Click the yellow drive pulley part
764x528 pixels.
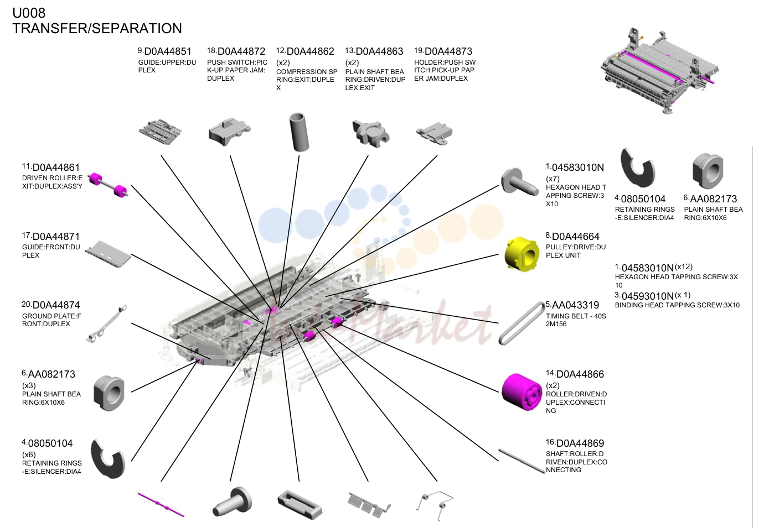[x=522, y=254]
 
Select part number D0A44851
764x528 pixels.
[x=168, y=51]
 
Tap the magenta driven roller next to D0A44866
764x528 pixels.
[x=522, y=392]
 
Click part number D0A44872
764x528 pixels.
[x=241, y=51]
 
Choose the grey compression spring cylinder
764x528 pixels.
[x=299, y=132]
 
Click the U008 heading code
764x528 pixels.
[x=29, y=13]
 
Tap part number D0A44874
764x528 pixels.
[x=56, y=305]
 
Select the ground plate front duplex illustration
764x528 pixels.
[x=106, y=323]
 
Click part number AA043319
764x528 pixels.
[x=575, y=305]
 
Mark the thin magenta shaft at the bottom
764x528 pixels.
[x=161, y=504]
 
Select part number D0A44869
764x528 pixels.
[x=580, y=443]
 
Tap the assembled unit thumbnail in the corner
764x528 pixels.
[x=659, y=71]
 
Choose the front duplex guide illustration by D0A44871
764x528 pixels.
[x=108, y=254]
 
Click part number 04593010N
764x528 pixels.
[x=647, y=296]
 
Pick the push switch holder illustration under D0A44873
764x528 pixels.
[x=434, y=133]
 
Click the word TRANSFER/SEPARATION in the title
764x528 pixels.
[x=97, y=29]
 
